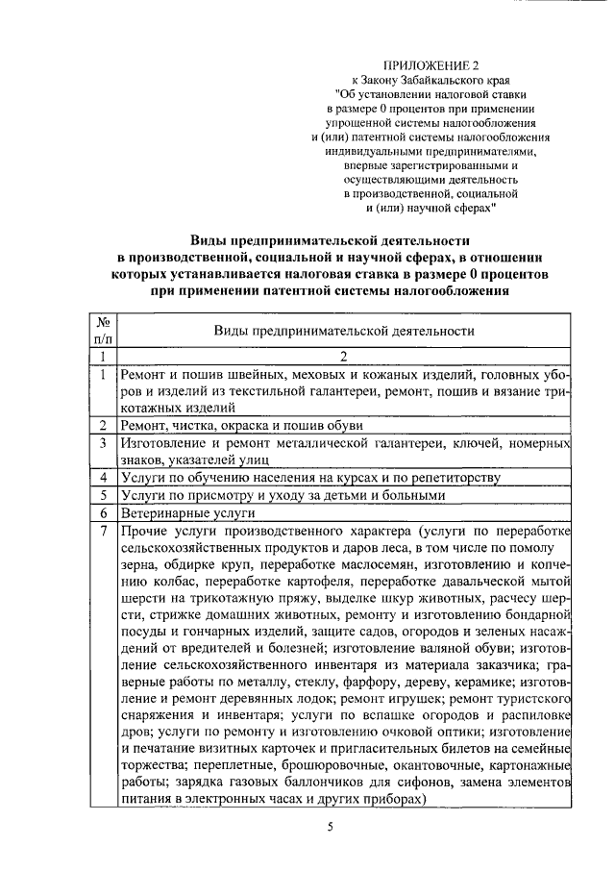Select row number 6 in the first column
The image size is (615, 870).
click(103, 513)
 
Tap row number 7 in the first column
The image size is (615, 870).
click(103, 533)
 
